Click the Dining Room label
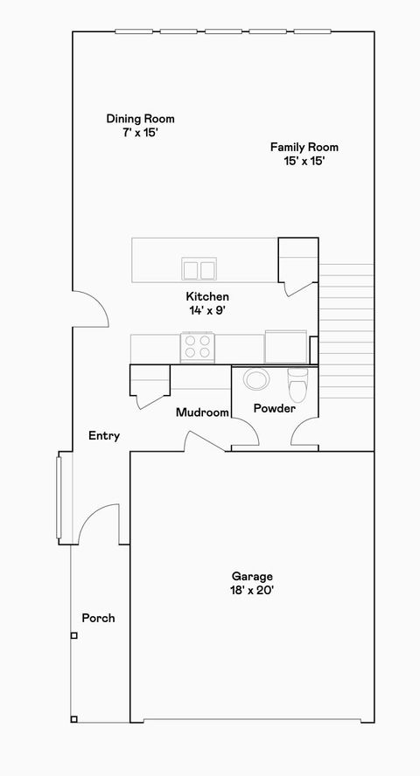point(140,119)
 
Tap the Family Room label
point(304,148)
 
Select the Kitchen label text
point(207,296)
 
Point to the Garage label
point(252,576)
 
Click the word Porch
point(98,618)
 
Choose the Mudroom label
point(202,412)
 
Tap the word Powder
point(274,408)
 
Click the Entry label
point(104,436)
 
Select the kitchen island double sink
point(199,268)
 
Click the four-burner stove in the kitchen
point(198,347)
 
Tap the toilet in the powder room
point(297,381)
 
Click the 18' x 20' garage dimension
point(252,590)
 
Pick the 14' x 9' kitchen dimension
point(207,310)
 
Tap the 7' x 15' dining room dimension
point(140,133)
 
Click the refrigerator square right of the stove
point(286,346)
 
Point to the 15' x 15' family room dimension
point(304,162)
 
